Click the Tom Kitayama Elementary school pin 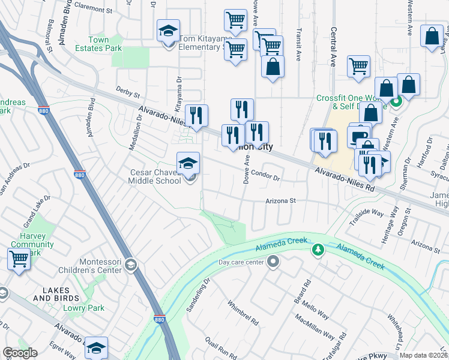169,31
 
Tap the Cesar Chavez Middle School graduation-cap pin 188,163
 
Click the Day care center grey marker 274,261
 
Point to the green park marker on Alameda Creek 316,248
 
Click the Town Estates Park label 97,44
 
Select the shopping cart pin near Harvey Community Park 19,260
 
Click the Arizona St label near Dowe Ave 282,202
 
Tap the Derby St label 128,94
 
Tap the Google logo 20,353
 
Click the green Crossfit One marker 396,102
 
